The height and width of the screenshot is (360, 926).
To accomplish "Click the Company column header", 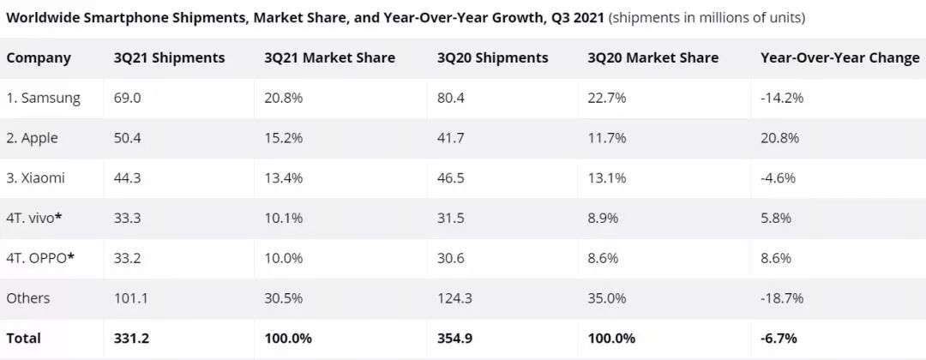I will point(39,58).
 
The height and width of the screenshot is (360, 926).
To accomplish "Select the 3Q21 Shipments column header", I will point(169,58).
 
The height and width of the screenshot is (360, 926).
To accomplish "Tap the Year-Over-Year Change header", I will point(839,58).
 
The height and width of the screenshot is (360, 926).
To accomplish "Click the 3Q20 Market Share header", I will point(652,58).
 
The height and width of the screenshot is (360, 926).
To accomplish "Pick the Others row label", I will point(28,298).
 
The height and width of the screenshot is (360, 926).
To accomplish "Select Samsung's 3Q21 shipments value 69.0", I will point(127,98).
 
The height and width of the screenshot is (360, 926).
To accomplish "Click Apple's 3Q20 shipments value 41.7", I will point(452,138).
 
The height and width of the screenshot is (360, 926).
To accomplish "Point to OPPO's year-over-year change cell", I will point(776,258).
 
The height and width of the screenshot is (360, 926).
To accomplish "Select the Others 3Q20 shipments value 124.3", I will point(454,298).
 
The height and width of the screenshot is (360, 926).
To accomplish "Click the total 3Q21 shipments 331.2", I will point(131,339).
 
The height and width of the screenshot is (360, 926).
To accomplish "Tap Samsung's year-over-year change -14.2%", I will point(782,98).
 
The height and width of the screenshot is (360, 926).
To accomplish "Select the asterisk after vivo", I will point(58,216).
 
